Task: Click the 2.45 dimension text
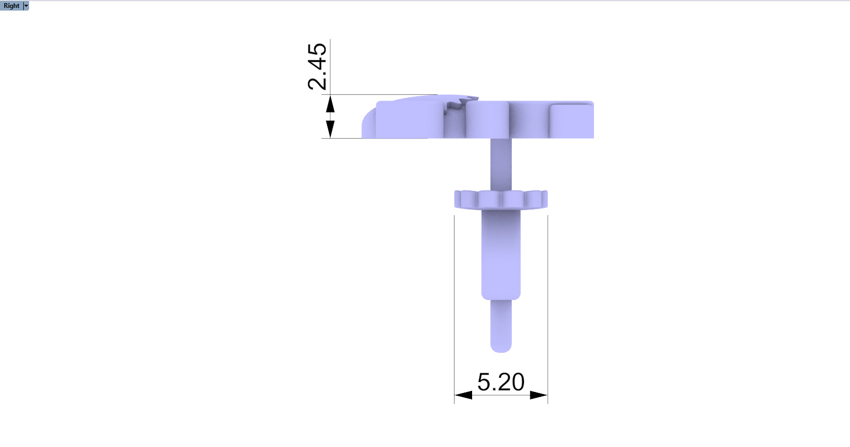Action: coord(317,66)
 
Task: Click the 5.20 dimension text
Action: coord(501,382)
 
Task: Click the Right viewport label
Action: coord(11,6)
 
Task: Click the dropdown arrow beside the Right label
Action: coord(26,6)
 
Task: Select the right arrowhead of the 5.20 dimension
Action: coord(538,395)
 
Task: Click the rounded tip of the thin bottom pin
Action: coord(501,346)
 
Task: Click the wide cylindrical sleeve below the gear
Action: coord(501,254)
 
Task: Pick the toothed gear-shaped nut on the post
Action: coord(501,199)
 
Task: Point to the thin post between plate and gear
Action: coord(501,164)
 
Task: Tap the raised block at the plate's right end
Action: coord(572,121)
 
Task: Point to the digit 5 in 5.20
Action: coord(484,382)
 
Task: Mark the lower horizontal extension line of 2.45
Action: coord(341,139)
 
